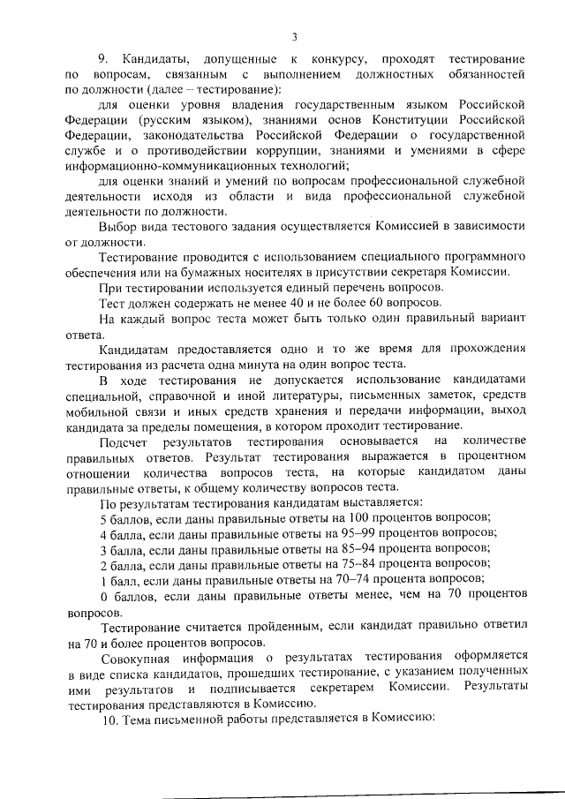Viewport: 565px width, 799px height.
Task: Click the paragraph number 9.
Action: click(x=102, y=57)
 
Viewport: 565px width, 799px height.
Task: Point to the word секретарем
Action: click(x=358, y=688)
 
